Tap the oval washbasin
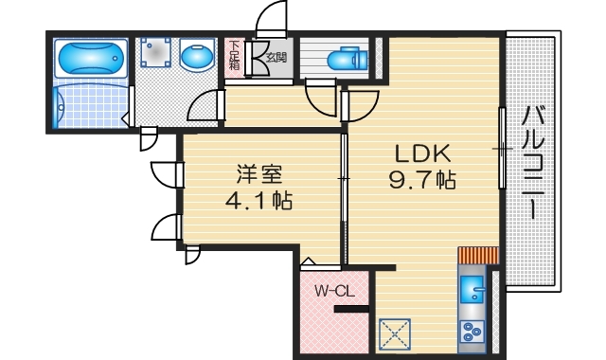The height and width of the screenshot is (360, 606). coord(197,58)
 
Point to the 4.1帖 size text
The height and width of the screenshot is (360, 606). coord(258,202)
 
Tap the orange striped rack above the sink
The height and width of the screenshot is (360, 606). coord(477,256)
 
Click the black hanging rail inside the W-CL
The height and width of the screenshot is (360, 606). coord(349,307)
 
